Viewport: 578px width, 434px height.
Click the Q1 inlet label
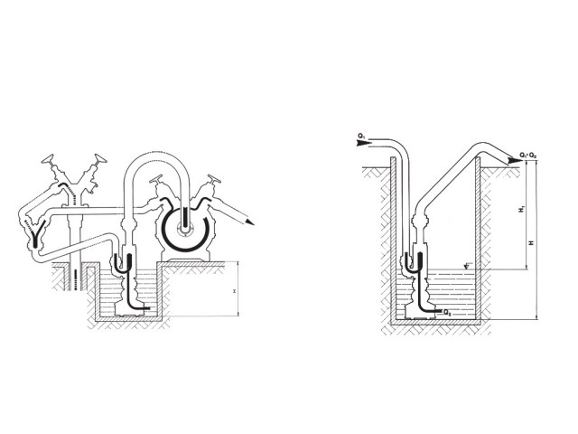pyautogui.click(x=361, y=137)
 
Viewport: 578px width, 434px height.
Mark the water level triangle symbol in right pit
pyautogui.click(x=466, y=264)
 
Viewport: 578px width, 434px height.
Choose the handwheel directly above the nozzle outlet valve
pyautogui.click(x=215, y=182)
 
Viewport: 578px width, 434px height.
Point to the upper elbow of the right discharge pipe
pyautogui.click(x=479, y=150)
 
